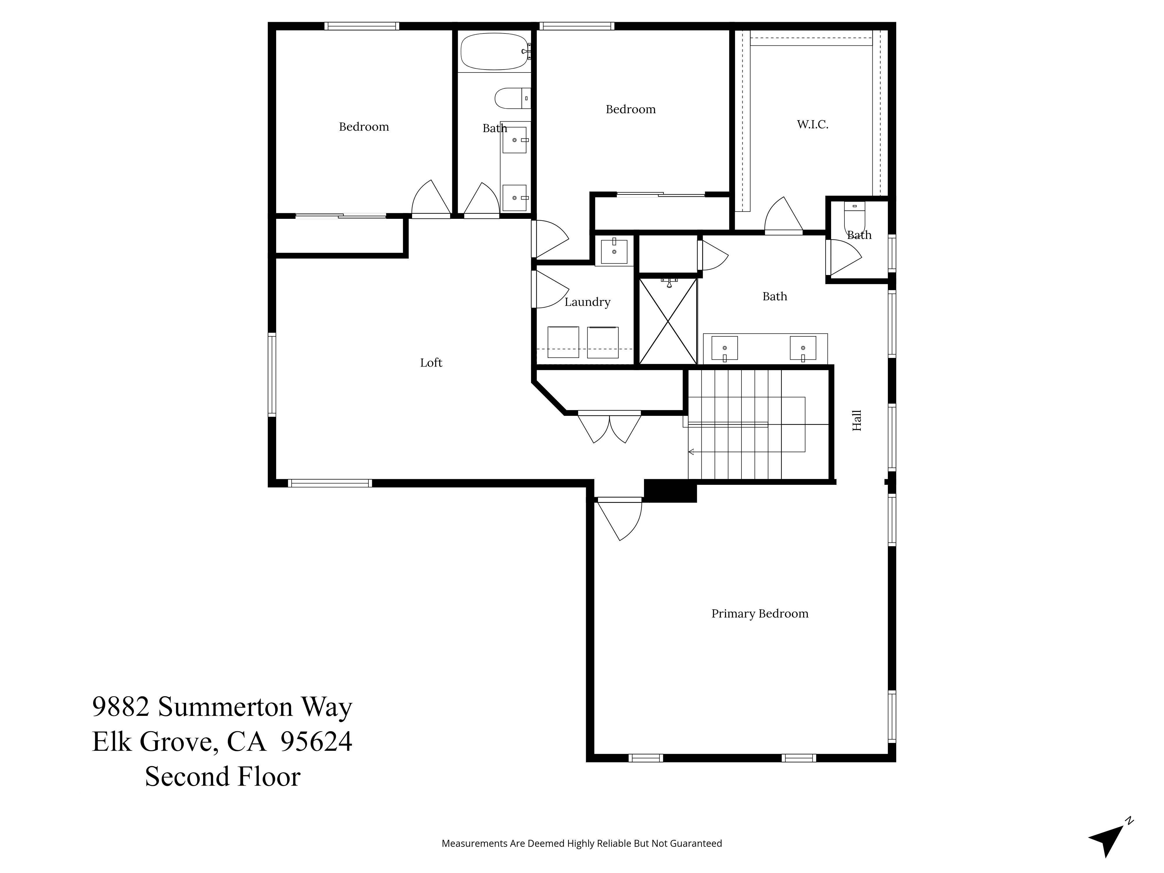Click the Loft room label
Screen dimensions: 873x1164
(431, 363)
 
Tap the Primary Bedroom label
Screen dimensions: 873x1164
(759, 613)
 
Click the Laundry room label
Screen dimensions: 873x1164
(587, 302)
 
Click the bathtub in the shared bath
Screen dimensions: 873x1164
(494, 52)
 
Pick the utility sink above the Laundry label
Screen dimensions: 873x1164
(614, 251)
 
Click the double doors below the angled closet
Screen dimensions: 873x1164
(609, 427)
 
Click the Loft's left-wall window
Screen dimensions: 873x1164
(272, 375)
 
